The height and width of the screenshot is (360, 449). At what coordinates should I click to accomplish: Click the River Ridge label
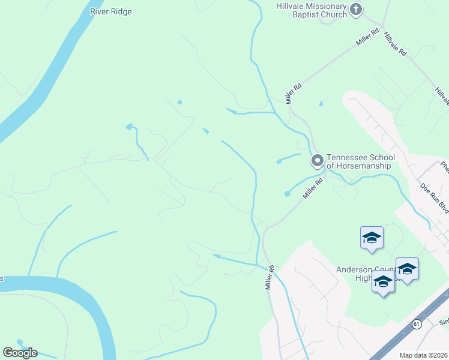point(110,11)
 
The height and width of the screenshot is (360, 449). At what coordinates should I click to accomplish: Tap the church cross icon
point(356,9)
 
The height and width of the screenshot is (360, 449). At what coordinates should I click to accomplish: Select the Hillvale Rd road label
point(396,44)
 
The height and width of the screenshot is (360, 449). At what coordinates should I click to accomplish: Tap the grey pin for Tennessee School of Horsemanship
point(317,160)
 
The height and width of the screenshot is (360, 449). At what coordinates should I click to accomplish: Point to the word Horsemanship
point(367,166)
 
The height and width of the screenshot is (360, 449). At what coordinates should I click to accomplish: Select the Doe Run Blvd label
point(435,198)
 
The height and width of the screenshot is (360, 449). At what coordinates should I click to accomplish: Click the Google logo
point(20,352)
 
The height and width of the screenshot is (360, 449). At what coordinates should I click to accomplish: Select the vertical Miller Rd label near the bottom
point(270,278)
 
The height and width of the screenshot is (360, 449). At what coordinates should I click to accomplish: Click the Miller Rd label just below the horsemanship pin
point(313,188)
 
